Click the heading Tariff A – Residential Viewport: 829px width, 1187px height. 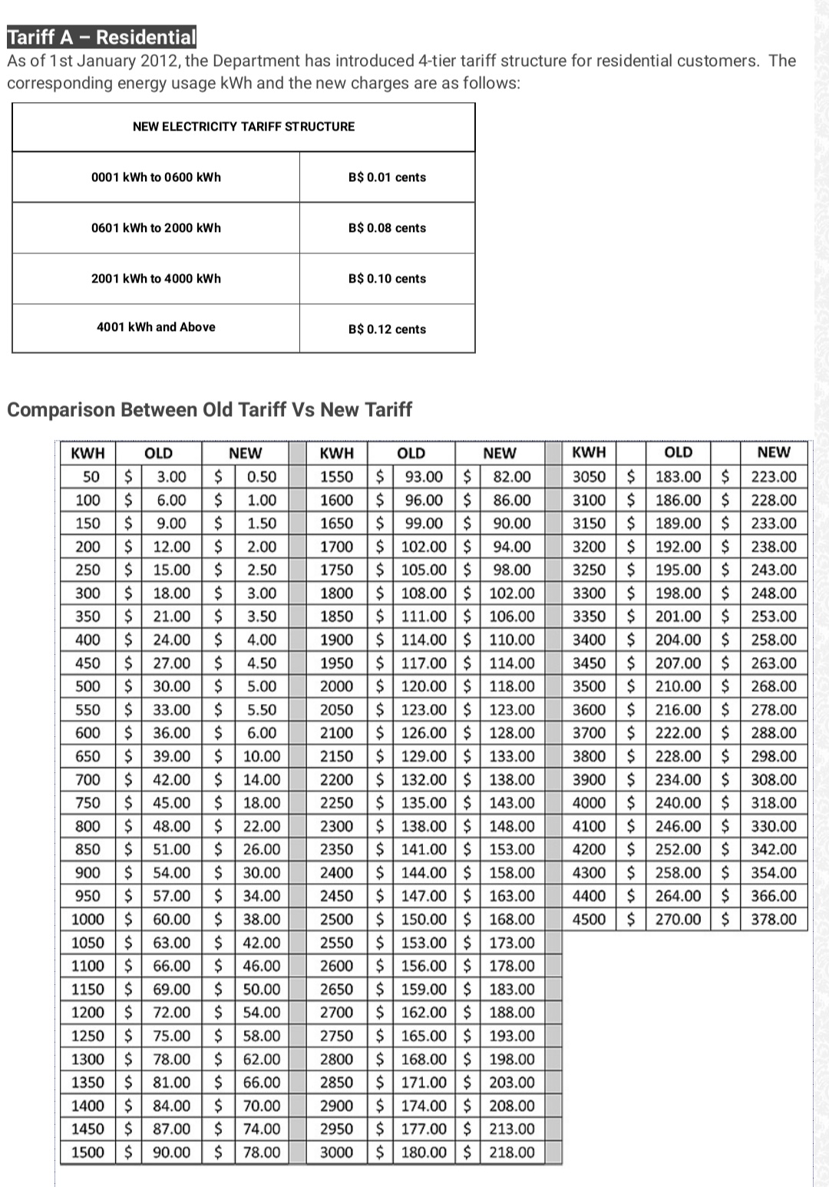coord(101,37)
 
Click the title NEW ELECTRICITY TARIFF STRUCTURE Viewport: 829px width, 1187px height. coord(243,127)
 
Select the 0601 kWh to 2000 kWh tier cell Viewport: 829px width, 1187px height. coord(156,228)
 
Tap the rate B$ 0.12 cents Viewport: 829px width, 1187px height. coord(387,329)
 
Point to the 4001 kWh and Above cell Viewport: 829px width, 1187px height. coord(156,327)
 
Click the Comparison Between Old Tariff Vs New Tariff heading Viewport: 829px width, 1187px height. coord(210,409)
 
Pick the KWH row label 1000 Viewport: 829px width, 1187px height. coord(88,919)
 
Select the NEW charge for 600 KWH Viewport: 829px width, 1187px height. coord(262,732)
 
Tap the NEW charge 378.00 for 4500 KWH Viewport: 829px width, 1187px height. coord(774,919)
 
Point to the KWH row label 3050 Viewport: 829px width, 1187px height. coord(590,477)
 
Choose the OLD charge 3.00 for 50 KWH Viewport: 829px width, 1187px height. coord(172,477)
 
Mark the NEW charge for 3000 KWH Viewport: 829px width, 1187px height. coord(512,1152)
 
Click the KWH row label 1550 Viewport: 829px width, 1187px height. coord(336,477)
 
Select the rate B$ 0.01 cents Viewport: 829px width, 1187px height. coord(387,177)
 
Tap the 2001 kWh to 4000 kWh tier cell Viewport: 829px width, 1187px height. coord(156,279)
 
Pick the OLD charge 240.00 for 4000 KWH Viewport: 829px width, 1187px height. coord(678,802)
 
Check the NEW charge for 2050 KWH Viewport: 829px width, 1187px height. coord(512,709)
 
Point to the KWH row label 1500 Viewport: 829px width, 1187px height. coord(88,1152)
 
